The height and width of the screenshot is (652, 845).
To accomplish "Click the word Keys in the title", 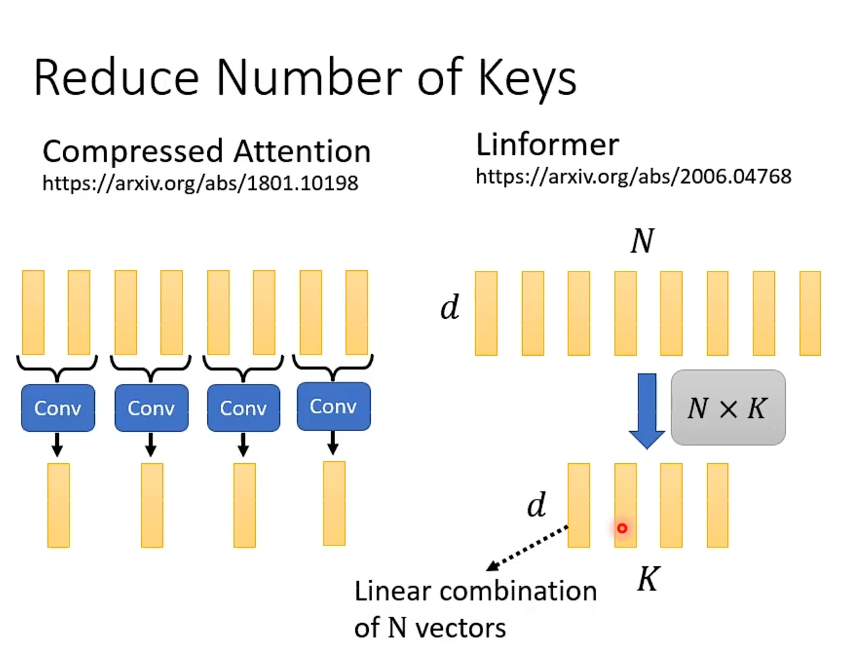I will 527,79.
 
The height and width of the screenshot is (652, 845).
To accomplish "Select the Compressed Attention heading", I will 207,151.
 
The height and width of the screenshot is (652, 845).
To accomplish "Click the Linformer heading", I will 548,144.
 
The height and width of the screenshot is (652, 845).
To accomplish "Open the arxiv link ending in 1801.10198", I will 200,183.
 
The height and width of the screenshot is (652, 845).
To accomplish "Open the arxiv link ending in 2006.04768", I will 633,177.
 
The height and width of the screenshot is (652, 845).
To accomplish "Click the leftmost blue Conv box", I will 58,408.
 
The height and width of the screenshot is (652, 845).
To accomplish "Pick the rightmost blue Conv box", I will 333,407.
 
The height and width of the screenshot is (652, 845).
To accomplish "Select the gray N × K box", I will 727,408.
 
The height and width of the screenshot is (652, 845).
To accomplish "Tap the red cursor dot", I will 622,529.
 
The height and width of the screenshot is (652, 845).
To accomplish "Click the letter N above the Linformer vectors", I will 642,241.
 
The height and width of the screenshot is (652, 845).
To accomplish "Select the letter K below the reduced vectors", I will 648,579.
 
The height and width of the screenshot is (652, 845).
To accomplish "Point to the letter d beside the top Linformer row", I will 449,307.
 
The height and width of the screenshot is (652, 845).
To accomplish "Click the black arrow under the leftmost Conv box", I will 57,445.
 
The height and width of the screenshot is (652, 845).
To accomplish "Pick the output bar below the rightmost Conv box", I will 334,504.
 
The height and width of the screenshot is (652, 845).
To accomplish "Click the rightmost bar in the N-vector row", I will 810,314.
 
